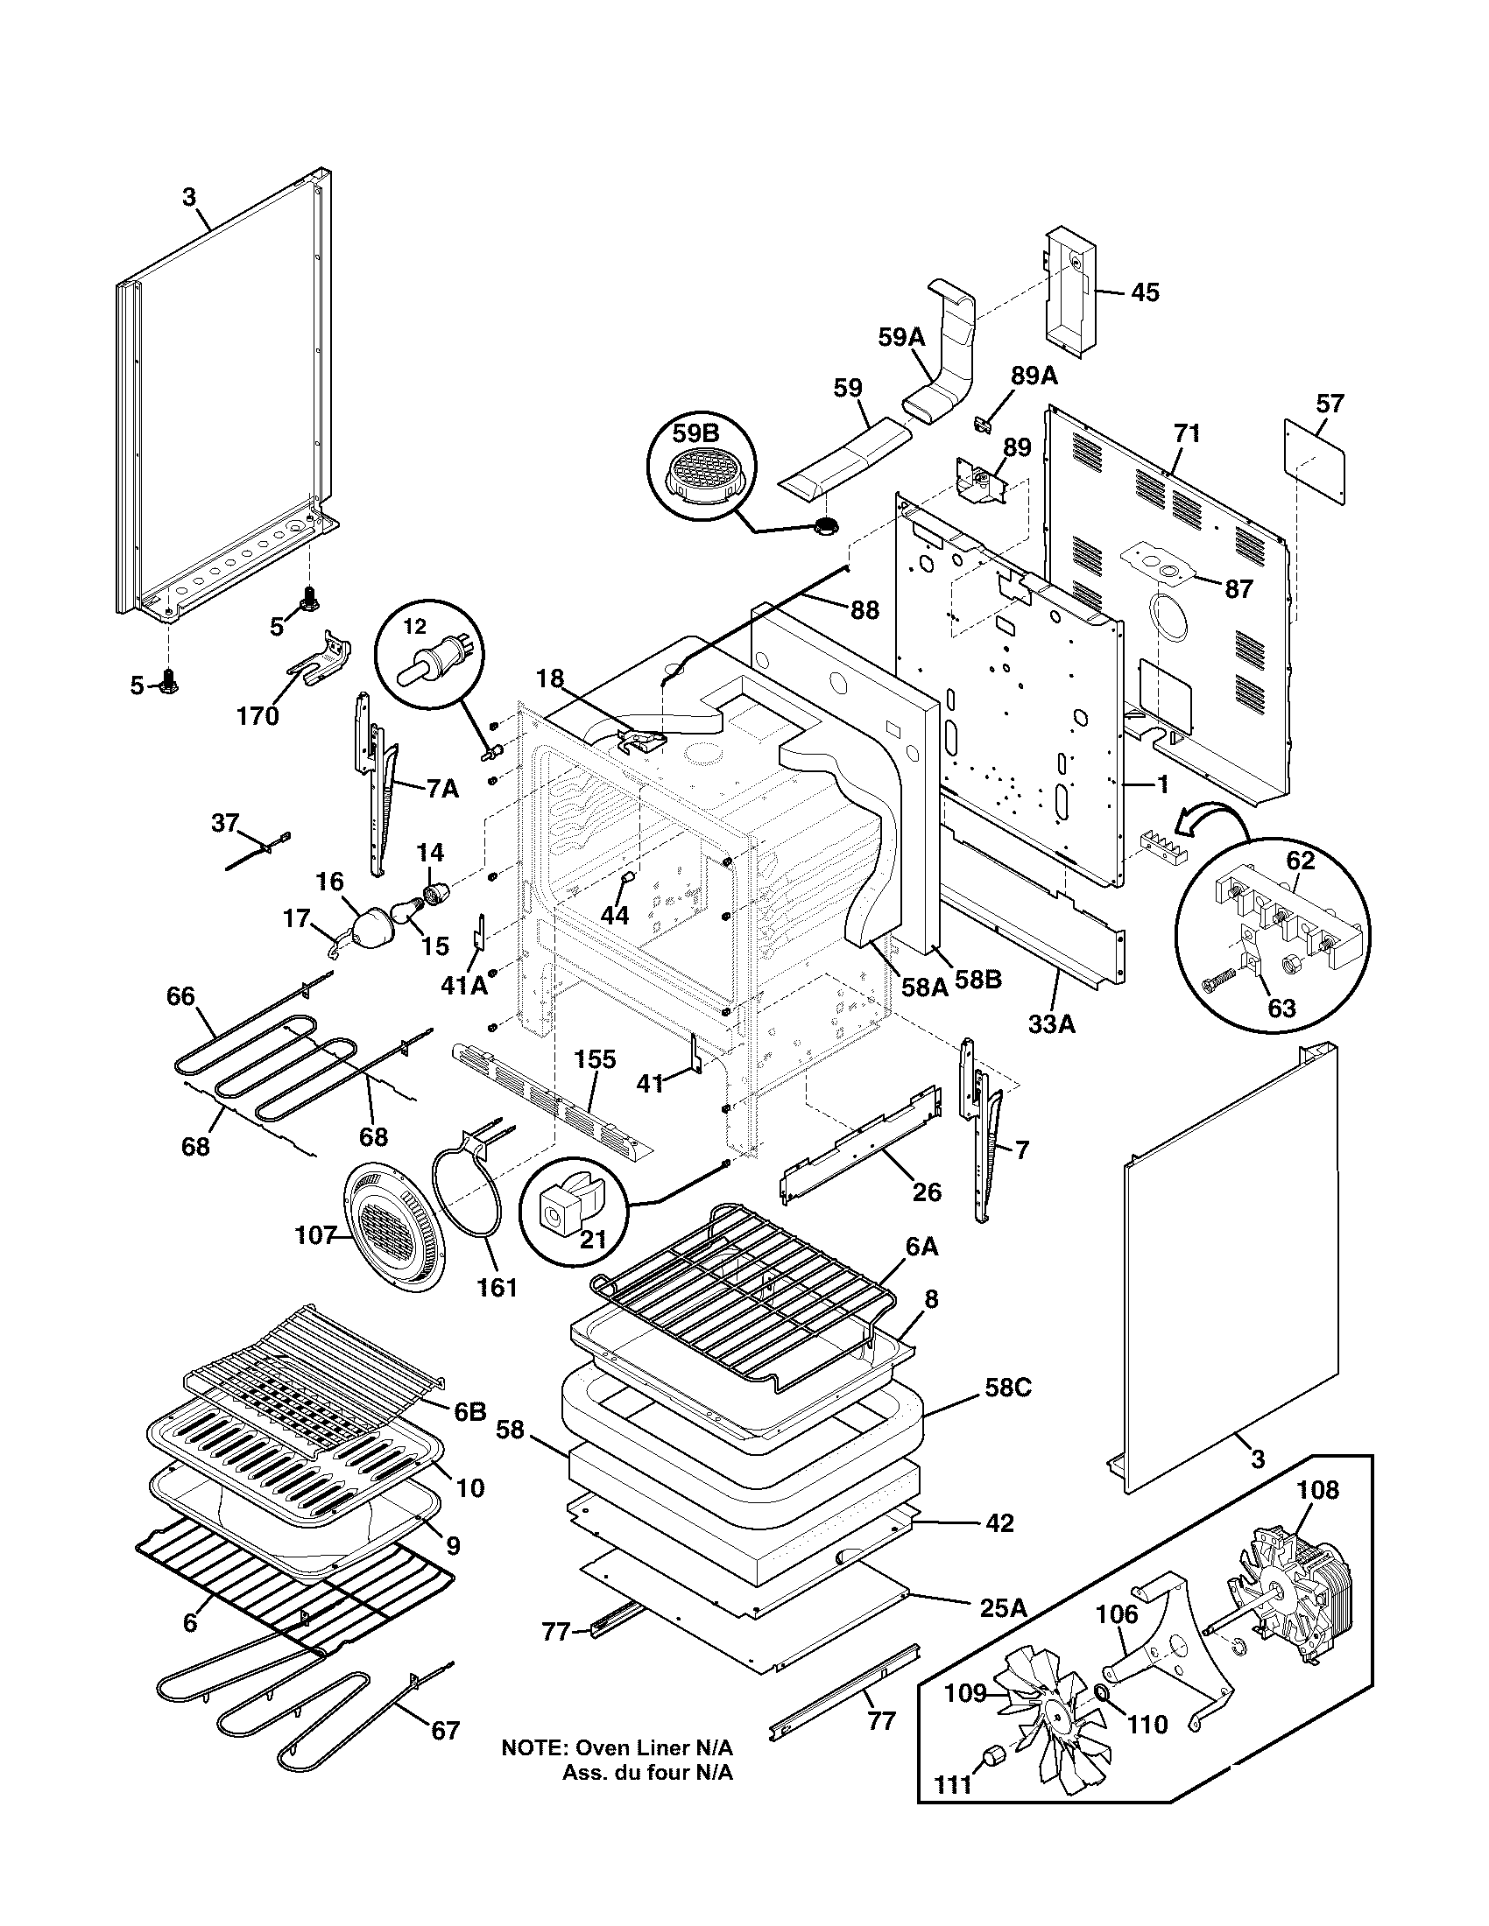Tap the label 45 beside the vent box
click(1145, 292)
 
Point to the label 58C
click(1008, 1388)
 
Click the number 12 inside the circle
click(414, 626)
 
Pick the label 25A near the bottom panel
click(1004, 1606)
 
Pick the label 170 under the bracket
click(258, 716)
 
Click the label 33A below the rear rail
click(1051, 1024)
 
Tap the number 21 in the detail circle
click(593, 1240)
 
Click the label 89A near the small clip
click(1034, 376)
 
